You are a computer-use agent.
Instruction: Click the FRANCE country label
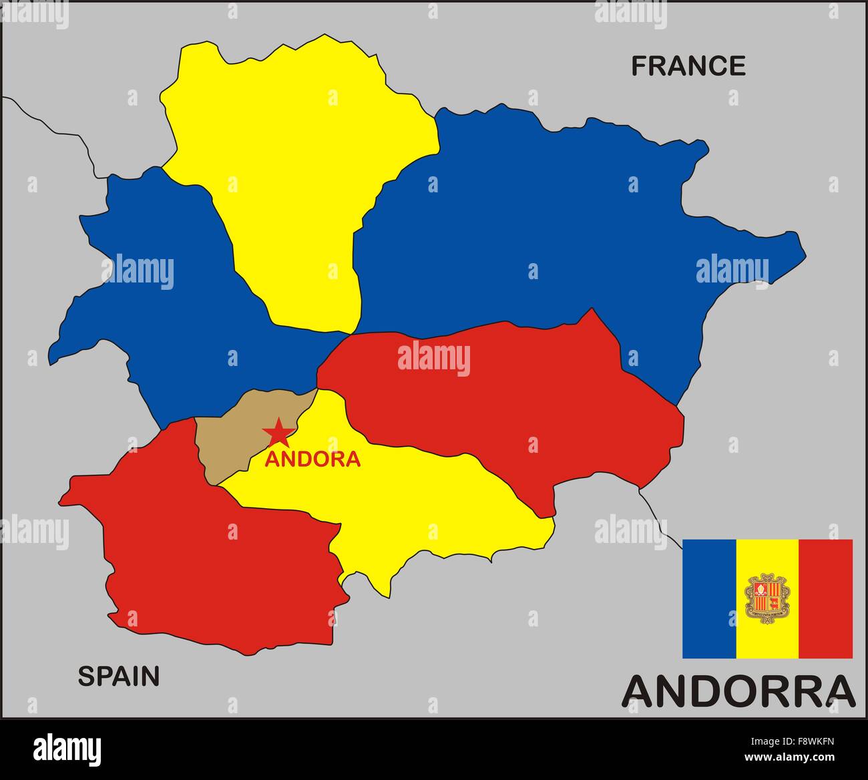pos(688,66)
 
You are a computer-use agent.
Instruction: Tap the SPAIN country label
pos(119,676)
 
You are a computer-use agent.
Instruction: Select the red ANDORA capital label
pos(312,459)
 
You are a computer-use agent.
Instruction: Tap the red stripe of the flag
pos(825,598)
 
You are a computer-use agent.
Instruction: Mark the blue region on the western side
pos(167,301)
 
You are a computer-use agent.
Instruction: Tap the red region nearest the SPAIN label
pos(214,568)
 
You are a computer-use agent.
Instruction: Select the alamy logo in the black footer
pos(67,748)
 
